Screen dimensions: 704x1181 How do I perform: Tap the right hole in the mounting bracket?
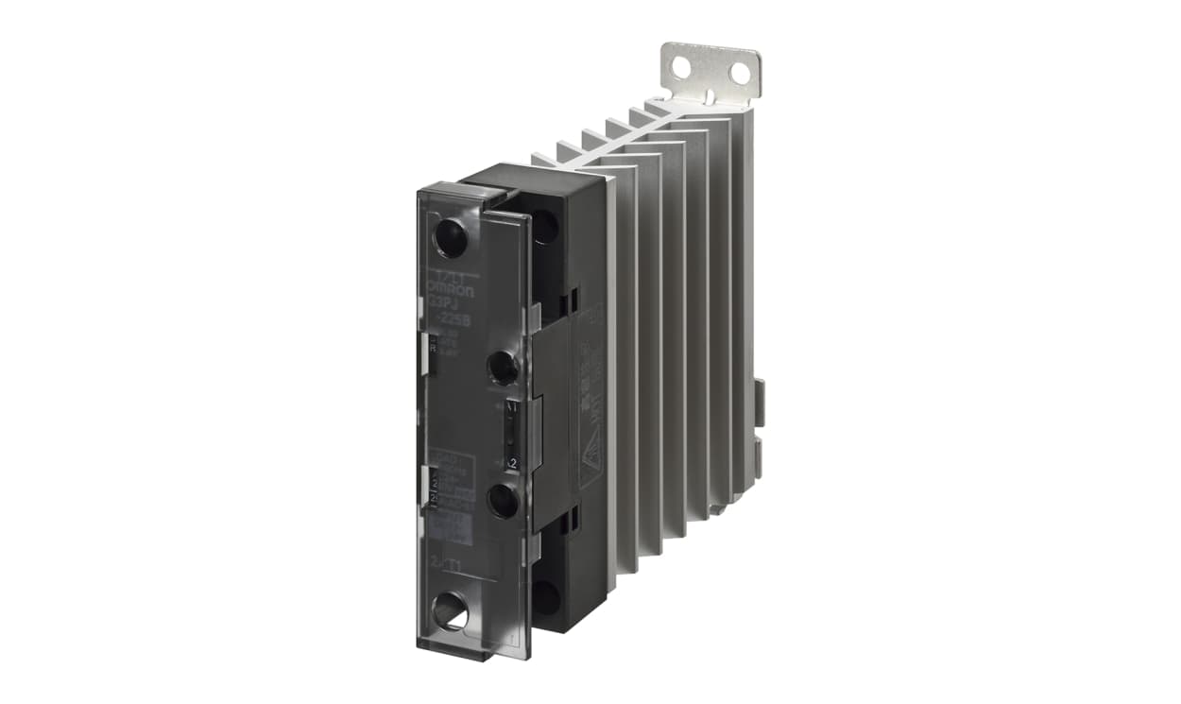tap(739, 73)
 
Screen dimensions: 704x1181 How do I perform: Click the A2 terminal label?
tap(511, 463)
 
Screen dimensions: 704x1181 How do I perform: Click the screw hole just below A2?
tap(503, 500)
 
